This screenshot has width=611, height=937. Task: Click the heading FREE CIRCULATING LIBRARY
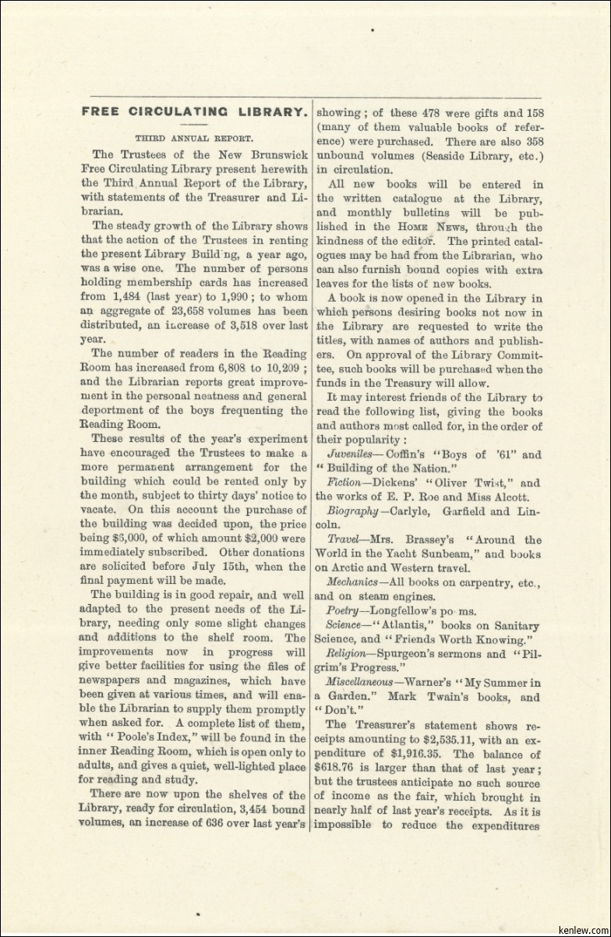(x=194, y=111)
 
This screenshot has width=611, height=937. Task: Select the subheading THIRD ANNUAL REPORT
(x=194, y=137)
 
